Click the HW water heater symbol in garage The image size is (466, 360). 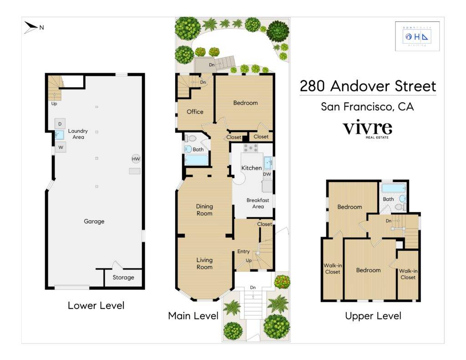(136, 159)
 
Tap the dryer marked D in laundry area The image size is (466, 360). (60, 124)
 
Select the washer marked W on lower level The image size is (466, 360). (60, 147)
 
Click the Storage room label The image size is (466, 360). (123, 277)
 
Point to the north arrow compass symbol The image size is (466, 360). (31, 27)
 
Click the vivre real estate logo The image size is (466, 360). (367, 129)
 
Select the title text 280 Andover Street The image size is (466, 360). (367, 86)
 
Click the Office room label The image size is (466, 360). (195, 112)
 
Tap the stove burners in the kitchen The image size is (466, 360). (251, 148)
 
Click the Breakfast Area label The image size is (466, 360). (258, 203)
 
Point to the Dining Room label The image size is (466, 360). (204, 210)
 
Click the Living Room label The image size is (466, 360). (204, 264)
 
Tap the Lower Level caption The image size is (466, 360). (96, 305)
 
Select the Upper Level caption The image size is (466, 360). (373, 315)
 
